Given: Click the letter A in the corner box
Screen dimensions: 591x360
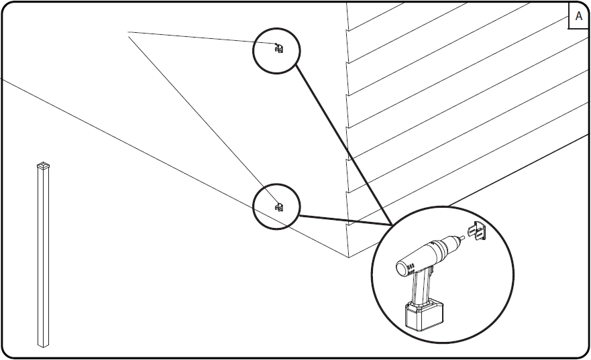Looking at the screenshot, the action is click(x=578, y=16).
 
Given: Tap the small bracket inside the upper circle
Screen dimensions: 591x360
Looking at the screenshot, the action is click(x=279, y=48).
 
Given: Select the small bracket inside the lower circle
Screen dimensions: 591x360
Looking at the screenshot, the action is click(x=279, y=206).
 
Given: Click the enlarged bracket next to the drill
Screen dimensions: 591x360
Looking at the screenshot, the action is click(x=477, y=231).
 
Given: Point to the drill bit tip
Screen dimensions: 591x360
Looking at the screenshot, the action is click(x=464, y=237).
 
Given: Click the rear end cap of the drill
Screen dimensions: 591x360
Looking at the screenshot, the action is click(x=402, y=269).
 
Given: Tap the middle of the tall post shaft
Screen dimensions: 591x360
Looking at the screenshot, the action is click(x=43, y=256).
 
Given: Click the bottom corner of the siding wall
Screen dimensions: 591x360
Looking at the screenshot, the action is click(x=349, y=257).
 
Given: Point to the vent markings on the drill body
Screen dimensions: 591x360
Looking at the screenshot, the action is click(x=411, y=269).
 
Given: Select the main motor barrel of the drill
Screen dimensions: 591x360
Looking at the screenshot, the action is click(x=421, y=256).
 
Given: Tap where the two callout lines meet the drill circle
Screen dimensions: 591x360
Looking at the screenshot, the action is click(x=392, y=225).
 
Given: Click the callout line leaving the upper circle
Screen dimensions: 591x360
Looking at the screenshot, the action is click(x=343, y=145).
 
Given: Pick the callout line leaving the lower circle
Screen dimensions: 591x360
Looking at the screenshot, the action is click(x=345, y=221).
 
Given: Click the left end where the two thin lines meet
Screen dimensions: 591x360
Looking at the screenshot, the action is click(x=129, y=33).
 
